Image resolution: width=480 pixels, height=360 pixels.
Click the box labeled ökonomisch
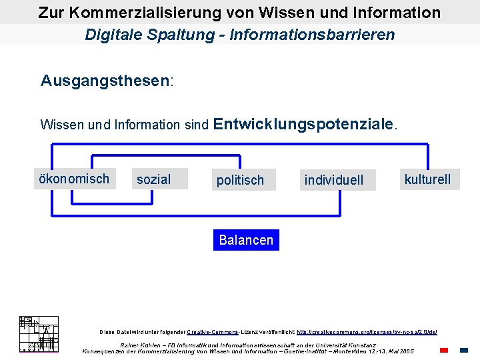[x=74, y=179]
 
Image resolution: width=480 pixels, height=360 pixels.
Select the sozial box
[x=160, y=179]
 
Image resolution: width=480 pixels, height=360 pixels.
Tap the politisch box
[x=240, y=180]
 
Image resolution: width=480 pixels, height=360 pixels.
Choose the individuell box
[x=337, y=180]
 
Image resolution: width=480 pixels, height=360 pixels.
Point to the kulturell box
[x=428, y=179]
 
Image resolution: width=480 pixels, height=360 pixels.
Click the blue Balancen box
[x=246, y=240]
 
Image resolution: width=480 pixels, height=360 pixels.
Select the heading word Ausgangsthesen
[x=105, y=81]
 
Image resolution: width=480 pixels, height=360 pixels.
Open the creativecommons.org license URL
[x=366, y=331]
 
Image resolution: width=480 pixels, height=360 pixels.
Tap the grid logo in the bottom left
[x=39, y=333]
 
